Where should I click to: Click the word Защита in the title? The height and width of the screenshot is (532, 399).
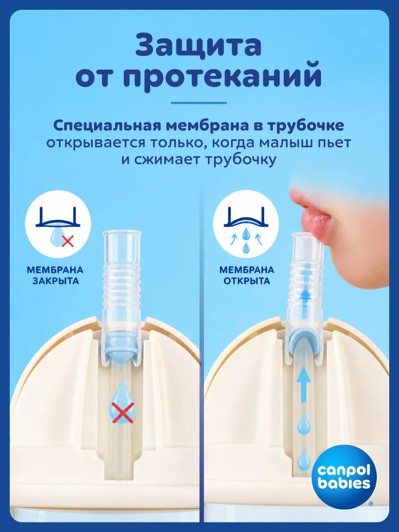pyautogui.click(x=199, y=46)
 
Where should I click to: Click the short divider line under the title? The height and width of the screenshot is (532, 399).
pyautogui.click(x=199, y=103)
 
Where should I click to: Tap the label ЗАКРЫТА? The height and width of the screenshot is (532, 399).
pyautogui.click(x=55, y=281)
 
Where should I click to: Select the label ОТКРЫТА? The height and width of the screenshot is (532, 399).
pyautogui.click(x=246, y=281)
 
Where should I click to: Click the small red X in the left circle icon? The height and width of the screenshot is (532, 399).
pyautogui.click(x=67, y=242)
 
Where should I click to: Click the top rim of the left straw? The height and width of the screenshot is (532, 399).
pyautogui.click(x=122, y=233)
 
